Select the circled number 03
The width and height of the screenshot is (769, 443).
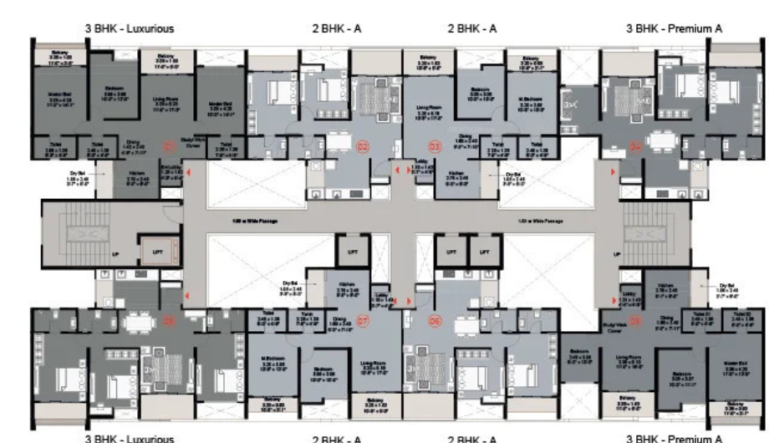434,147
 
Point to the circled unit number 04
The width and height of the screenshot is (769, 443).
636,147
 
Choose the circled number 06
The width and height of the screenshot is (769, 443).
434,319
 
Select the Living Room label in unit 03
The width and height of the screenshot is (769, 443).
427,108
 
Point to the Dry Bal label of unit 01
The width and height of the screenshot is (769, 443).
78,178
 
